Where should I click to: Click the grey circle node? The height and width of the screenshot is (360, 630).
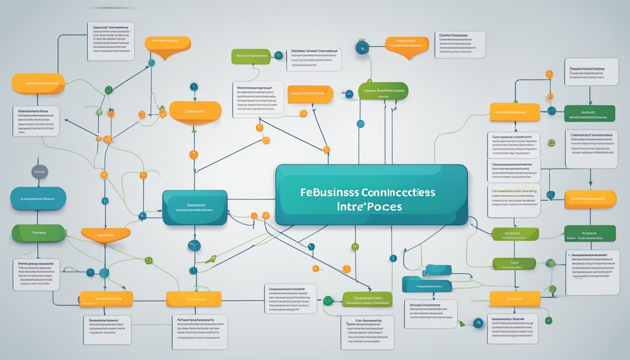click(x=40, y=172)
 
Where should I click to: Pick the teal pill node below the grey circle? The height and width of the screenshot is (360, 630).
click(x=38, y=198)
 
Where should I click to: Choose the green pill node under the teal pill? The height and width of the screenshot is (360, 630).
click(x=38, y=233)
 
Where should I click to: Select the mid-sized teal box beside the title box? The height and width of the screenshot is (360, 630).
click(x=195, y=207)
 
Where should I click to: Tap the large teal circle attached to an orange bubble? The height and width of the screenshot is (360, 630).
click(x=362, y=47)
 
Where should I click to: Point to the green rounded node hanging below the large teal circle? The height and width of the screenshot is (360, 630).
click(x=383, y=91)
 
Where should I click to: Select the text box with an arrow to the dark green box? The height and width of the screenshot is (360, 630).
click(x=591, y=72)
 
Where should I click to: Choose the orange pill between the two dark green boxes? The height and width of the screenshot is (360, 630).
click(x=590, y=199)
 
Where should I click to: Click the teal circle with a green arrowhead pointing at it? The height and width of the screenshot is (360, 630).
click(x=478, y=322)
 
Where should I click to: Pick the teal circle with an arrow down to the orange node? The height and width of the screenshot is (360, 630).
click(x=194, y=87)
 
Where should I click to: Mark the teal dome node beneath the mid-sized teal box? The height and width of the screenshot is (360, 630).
click(x=194, y=245)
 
